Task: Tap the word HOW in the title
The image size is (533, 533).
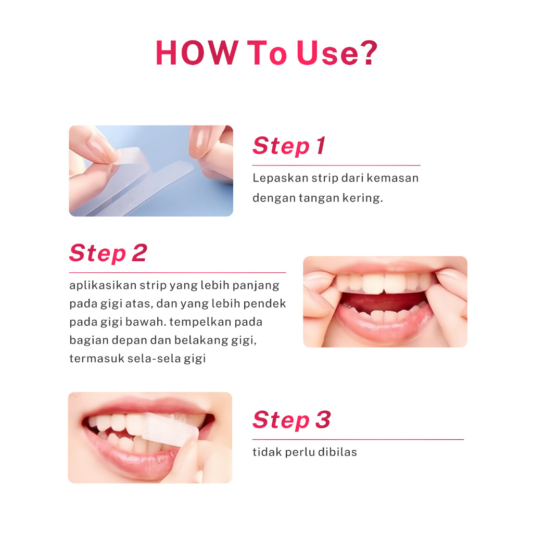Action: coord(196,53)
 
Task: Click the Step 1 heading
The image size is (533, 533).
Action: coord(288,146)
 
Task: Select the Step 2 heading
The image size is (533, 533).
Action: coord(108,253)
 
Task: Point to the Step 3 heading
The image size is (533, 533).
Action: coord(291,420)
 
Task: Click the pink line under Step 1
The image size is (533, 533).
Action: coord(337,165)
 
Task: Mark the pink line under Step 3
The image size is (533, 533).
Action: coord(358,439)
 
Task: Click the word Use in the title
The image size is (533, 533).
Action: coord(327,53)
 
